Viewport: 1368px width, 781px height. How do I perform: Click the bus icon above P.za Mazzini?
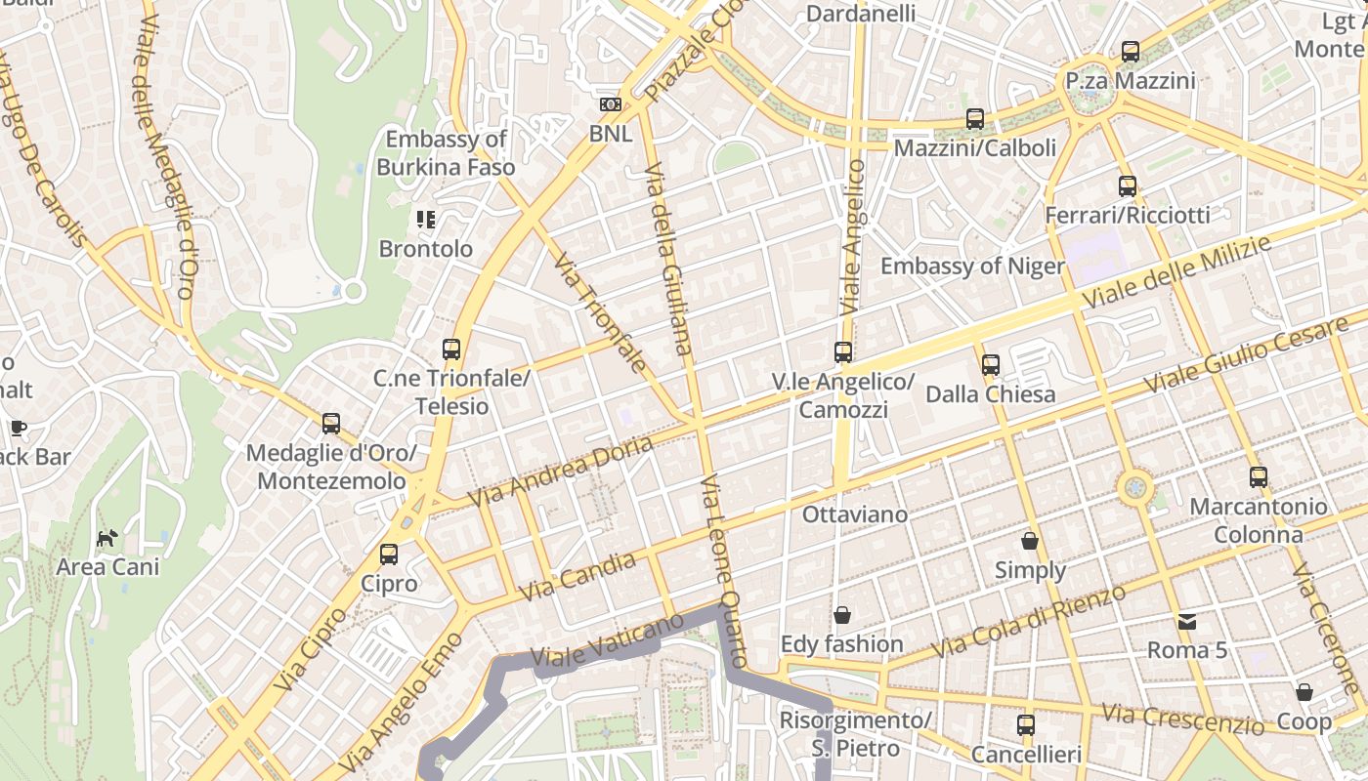click(x=1131, y=52)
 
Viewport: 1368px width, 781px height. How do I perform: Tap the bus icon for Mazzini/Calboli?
click(x=975, y=119)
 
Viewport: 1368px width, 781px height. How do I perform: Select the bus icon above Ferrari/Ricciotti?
click(x=1128, y=186)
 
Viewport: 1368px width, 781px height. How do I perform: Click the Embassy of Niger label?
click(x=972, y=267)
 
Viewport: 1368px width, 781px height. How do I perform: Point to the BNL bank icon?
click(x=611, y=104)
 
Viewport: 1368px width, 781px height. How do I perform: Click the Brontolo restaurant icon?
click(x=425, y=220)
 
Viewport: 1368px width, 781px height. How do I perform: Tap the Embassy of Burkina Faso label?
click(x=446, y=153)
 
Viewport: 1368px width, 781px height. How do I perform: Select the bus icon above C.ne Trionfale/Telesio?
click(x=450, y=349)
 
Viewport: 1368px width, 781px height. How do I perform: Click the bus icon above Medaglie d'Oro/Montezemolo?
click(x=331, y=424)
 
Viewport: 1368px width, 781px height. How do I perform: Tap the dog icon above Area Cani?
click(x=107, y=538)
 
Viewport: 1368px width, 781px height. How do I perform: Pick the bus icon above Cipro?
click(x=389, y=555)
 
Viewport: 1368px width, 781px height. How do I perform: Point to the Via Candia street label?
click(x=577, y=577)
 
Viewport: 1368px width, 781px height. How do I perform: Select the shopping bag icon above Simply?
click(x=1030, y=541)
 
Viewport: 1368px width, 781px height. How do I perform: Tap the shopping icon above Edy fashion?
click(x=841, y=615)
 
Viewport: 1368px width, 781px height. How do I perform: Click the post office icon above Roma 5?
click(x=1187, y=621)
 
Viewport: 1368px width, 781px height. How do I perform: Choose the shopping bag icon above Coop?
click(x=1304, y=692)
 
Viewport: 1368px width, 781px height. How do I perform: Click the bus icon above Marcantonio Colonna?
click(x=1259, y=477)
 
